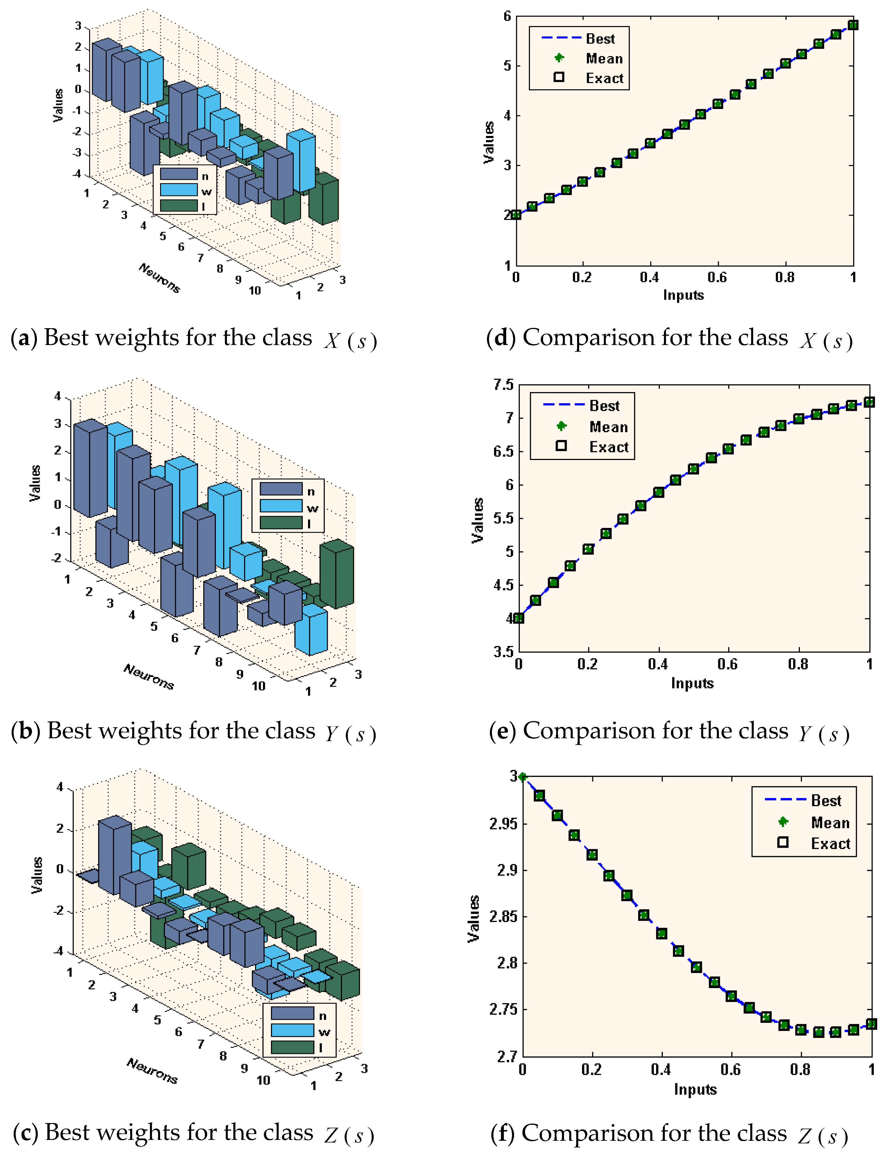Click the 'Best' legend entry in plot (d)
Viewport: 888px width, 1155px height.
point(600,39)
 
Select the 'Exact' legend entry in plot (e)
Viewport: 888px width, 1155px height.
point(608,447)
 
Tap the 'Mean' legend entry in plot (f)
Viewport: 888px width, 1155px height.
point(830,823)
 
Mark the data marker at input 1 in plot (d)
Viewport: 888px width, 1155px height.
point(853,25)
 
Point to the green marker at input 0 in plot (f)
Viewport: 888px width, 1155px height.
point(522,777)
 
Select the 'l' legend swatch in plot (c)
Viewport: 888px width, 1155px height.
point(292,1047)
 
